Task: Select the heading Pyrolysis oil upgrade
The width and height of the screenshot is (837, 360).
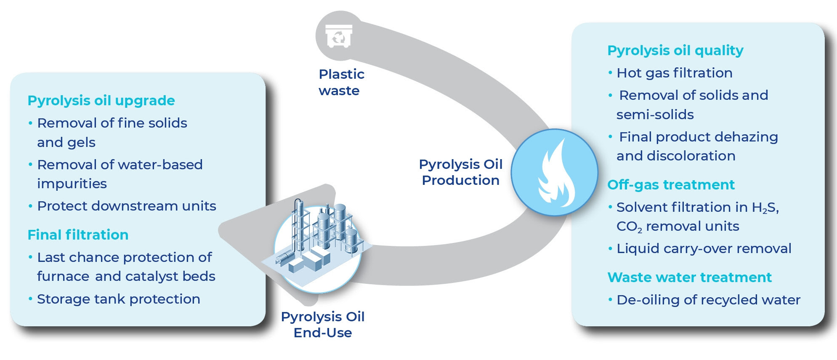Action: (x=101, y=101)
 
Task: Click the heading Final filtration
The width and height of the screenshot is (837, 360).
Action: (x=78, y=235)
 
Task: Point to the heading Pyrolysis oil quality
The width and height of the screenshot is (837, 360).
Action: (x=675, y=51)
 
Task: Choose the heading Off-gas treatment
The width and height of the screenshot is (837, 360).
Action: (x=671, y=185)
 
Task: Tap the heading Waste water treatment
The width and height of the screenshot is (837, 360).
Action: (x=689, y=277)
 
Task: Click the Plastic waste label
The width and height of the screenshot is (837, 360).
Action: (x=341, y=83)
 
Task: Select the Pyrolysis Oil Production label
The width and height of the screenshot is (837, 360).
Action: (x=460, y=172)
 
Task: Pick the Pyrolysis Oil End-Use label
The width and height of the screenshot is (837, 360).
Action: (x=323, y=325)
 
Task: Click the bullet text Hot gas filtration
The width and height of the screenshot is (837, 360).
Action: (x=674, y=73)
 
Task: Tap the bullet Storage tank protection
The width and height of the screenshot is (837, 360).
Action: (x=118, y=299)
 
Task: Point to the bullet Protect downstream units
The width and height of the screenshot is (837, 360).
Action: (x=126, y=206)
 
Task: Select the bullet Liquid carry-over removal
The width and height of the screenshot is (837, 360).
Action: (x=704, y=248)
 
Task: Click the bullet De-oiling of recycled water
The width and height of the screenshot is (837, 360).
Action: (x=708, y=300)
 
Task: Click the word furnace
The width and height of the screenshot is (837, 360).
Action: (x=63, y=276)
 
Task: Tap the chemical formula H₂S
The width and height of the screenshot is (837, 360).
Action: (x=765, y=208)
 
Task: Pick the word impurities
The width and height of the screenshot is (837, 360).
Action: (x=72, y=184)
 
